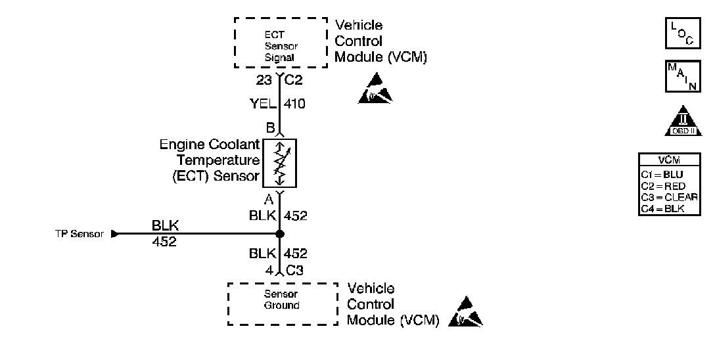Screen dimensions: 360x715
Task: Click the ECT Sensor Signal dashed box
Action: tap(281, 43)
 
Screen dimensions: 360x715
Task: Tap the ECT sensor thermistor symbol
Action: tap(280, 163)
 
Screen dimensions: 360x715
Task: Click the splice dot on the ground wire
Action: tap(280, 234)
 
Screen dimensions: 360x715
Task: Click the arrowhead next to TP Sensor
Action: tap(116, 234)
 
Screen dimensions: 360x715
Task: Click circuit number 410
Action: tap(295, 104)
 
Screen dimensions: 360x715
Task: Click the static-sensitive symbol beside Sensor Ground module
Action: tap(465, 313)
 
